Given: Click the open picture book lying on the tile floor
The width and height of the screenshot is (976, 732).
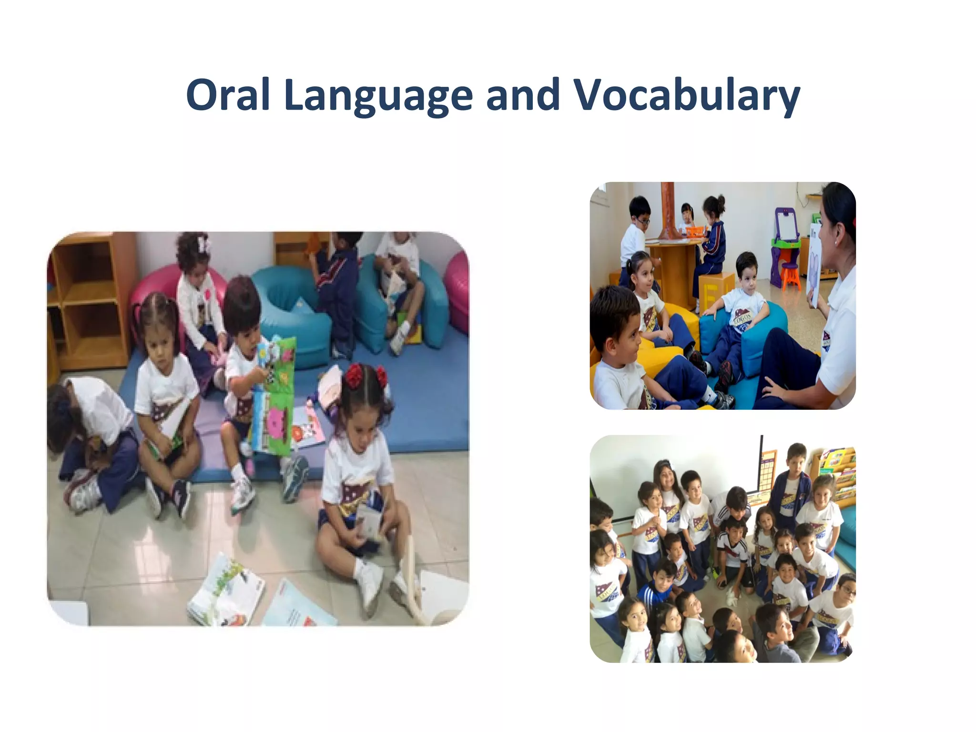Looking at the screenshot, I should [226, 591].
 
